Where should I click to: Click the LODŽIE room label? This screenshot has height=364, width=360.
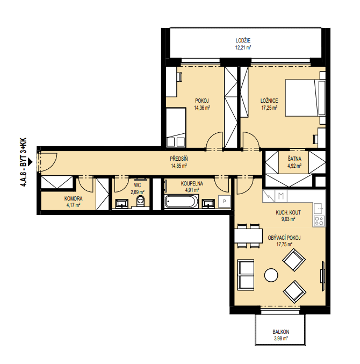(243, 41)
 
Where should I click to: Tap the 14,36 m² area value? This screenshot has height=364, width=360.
(202, 108)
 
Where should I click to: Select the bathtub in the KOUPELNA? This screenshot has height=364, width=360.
(182, 201)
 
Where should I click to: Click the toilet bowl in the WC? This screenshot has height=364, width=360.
(140, 201)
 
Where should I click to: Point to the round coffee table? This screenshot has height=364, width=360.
(271, 275)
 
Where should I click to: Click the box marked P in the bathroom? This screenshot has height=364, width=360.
(224, 202)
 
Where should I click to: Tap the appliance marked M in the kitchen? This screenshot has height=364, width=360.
(281, 196)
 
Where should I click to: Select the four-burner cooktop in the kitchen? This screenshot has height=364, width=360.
(319, 220)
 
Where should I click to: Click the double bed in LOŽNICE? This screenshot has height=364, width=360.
(305, 98)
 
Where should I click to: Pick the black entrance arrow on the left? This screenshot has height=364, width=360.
(30, 162)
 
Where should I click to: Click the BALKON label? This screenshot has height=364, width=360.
(280, 332)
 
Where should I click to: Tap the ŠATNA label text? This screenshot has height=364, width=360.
(294, 159)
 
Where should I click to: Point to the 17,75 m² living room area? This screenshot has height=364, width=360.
(284, 244)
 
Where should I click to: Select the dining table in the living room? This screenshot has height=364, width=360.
(248, 236)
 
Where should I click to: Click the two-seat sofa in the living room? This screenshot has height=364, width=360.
(246, 275)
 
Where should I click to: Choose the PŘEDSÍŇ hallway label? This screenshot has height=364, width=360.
(178, 159)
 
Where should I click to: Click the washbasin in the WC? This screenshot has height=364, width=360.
(122, 203)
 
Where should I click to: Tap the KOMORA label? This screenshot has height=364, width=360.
(73, 199)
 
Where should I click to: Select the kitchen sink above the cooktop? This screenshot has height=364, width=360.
(319, 209)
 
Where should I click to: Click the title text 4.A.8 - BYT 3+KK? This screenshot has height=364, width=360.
(24, 162)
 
